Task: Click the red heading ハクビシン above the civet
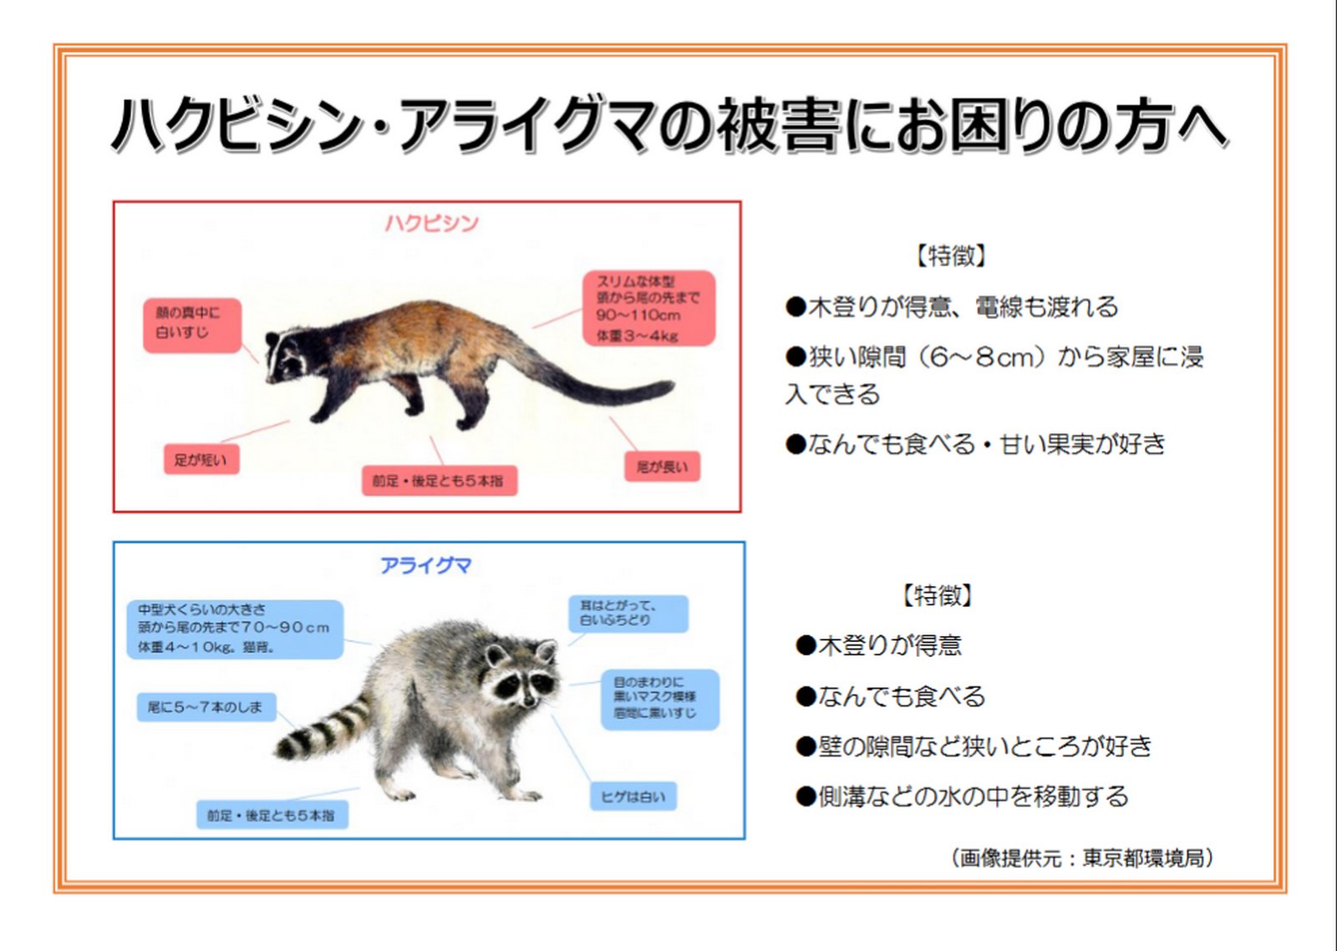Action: click(432, 224)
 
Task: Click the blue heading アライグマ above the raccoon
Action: click(426, 564)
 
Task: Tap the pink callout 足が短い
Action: click(201, 460)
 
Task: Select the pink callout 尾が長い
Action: click(662, 466)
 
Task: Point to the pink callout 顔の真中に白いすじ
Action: click(192, 326)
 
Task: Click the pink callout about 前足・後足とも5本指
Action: click(440, 481)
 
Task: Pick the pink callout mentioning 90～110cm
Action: click(648, 308)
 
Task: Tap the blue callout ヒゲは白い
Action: click(633, 797)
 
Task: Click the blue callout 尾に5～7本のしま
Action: click(206, 707)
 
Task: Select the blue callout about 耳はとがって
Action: click(628, 614)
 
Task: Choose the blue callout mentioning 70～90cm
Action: click(235, 629)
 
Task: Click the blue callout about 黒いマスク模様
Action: click(659, 699)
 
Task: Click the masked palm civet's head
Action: click(292, 356)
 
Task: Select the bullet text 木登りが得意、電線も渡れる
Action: click(952, 306)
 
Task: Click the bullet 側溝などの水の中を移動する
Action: click(962, 797)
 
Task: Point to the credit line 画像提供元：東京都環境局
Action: click(1082, 858)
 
